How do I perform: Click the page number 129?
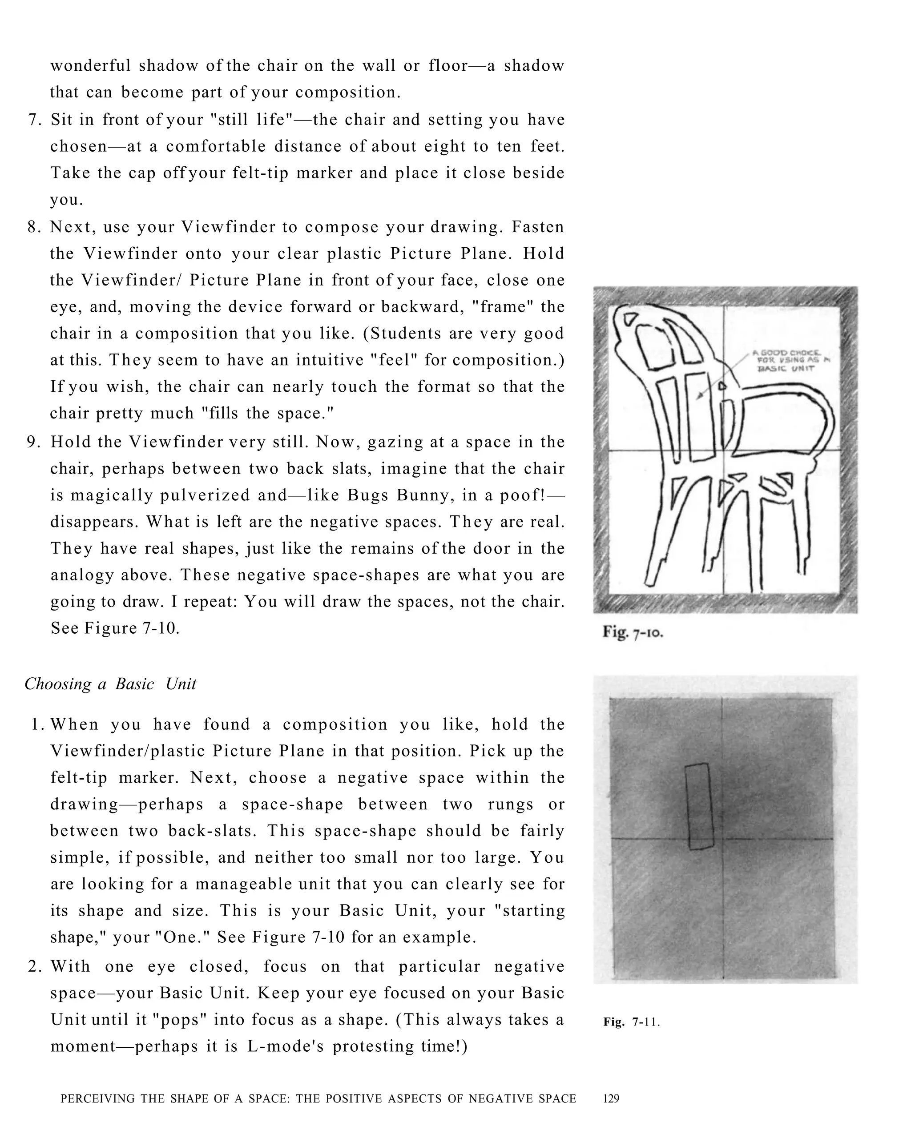pos(611,1098)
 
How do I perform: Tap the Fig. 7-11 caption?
pos(631,1022)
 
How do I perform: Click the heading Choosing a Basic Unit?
pos(110,684)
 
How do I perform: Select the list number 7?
pos(34,120)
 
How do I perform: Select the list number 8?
pos(34,227)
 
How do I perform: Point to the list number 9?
pos(34,442)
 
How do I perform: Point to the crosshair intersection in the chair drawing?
pos(723,451)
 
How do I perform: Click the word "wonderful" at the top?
pos(90,66)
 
